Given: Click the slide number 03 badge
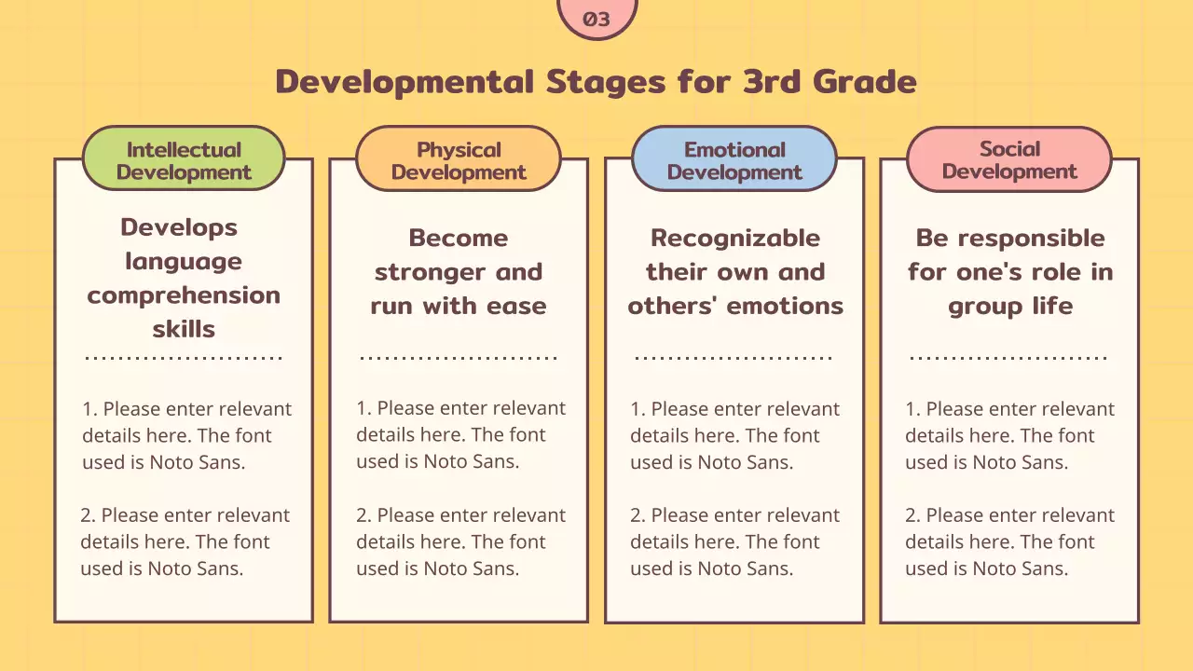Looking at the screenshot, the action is click(x=596, y=18).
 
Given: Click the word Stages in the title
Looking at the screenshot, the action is click(x=606, y=83).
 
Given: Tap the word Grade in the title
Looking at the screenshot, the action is click(x=864, y=81).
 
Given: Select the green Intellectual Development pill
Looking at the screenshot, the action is click(x=184, y=158).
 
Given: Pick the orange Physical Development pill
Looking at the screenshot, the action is click(x=459, y=158).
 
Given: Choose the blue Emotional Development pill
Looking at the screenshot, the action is click(x=734, y=158).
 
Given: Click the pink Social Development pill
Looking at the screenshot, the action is click(x=1009, y=158).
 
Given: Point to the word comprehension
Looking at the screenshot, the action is click(x=184, y=296).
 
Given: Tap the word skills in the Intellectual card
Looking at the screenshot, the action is click(x=184, y=329).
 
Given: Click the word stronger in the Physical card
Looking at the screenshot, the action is click(x=431, y=273).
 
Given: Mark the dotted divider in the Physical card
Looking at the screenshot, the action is click(x=459, y=358).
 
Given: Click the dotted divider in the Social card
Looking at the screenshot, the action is click(x=1008, y=358).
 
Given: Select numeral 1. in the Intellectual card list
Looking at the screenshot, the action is click(x=90, y=409).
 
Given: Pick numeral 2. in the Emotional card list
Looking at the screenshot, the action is click(x=638, y=515).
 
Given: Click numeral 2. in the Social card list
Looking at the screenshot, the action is click(x=912, y=515).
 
